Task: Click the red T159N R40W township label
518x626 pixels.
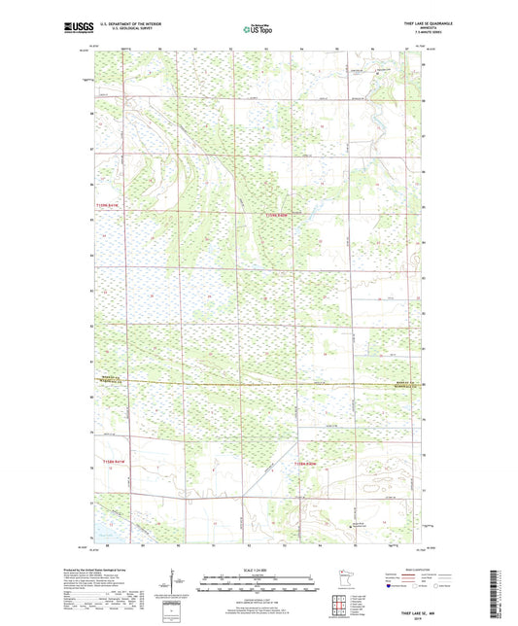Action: point(278,215)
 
